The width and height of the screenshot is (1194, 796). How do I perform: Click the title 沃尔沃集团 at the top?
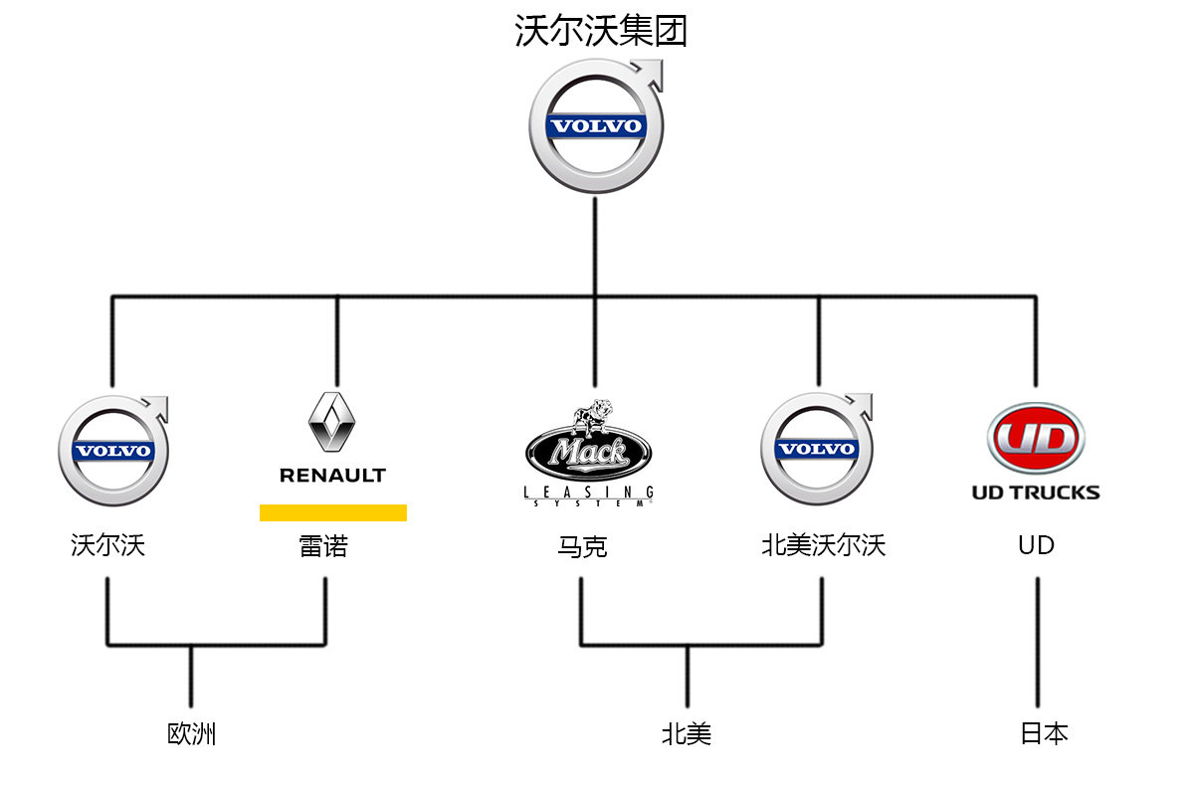[601, 31]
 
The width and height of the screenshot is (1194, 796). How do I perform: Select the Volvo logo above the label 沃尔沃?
[112, 451]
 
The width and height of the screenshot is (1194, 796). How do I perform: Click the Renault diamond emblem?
[332, 423]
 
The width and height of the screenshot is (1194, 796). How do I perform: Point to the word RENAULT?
[332, 476]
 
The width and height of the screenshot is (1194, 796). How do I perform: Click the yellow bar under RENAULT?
[333, 512]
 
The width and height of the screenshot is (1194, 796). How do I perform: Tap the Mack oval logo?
[589, 454]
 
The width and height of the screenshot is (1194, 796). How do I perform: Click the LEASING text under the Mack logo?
[589, 492]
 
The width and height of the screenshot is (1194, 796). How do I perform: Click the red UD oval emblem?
[1036, 439]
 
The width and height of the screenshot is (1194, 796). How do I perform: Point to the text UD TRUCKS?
[1036, 492]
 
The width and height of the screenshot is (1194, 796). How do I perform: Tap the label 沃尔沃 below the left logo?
[107, 545]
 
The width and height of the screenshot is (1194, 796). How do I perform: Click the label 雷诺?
[324, 545]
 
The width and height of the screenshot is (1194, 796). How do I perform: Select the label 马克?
[582, 546]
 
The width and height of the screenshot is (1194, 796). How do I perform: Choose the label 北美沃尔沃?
[823, 545]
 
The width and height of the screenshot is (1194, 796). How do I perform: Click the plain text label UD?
[1036, 545]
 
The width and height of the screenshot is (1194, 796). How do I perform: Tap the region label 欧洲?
[191, 734]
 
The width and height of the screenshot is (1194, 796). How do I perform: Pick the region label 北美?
[687, 734]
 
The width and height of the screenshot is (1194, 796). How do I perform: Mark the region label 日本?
[1044, 733]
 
